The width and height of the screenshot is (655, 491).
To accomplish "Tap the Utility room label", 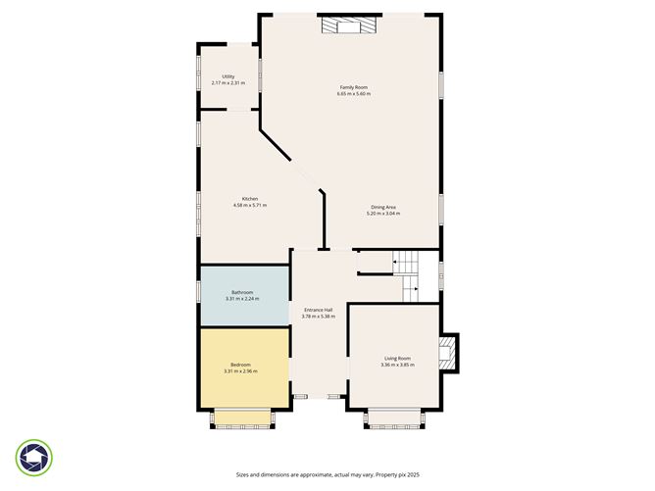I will click(x=227, y=76).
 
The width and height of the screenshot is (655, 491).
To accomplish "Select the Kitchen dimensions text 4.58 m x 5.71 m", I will click(x=250, y=205).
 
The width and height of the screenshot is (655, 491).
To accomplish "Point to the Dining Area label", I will click(x=383, y=207).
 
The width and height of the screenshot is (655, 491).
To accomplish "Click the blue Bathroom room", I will click(x=244, y=295).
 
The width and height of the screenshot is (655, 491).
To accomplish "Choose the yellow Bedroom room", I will click(x=244, y=368).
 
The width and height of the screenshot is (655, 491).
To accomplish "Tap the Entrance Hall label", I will click(x=319, y=310).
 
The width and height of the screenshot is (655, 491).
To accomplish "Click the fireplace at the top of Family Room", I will click(x=350, y=25).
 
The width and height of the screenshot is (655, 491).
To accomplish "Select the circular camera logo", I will click(x=34, y=457).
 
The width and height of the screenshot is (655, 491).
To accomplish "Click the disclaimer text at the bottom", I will click(x=327, y=474).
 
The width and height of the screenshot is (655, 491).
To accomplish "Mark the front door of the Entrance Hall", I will click(x=319, y=396).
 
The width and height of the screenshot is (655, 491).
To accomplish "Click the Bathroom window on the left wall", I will click(x=199, y=295).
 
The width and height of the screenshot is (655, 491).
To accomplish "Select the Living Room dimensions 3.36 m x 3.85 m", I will click(x=397, y=365).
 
